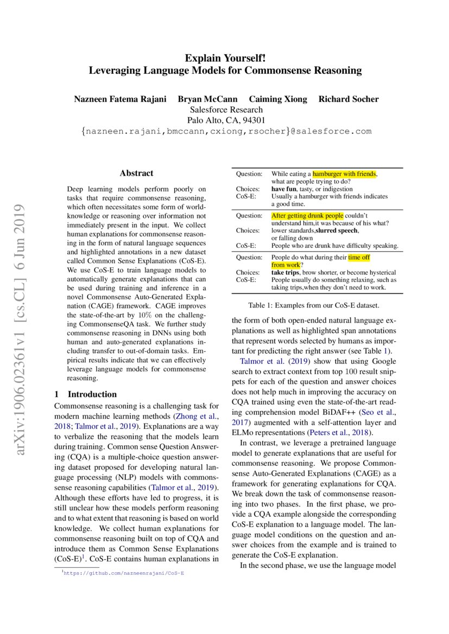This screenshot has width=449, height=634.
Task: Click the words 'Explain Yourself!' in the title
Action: pos(225,57)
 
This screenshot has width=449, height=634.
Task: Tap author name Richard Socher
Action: pos(348,99)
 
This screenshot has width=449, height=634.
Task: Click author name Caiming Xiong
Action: pos(277,99)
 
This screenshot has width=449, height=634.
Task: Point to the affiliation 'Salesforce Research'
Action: pos(225,110)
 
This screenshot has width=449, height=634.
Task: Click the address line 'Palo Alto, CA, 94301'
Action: pos(225,120)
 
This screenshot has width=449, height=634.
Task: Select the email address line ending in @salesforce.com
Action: pos(225,132)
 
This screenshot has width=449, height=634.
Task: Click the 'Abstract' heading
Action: pos(136,174)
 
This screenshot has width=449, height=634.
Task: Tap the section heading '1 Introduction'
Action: pos(86,394)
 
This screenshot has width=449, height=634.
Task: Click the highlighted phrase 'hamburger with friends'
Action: pos(344,174)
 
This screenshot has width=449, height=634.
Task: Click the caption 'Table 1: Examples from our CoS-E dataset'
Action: pos(318,306)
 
